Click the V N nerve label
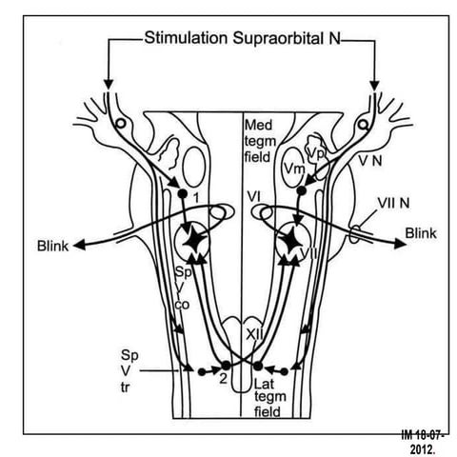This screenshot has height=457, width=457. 368,162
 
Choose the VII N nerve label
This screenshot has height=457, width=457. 374,203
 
